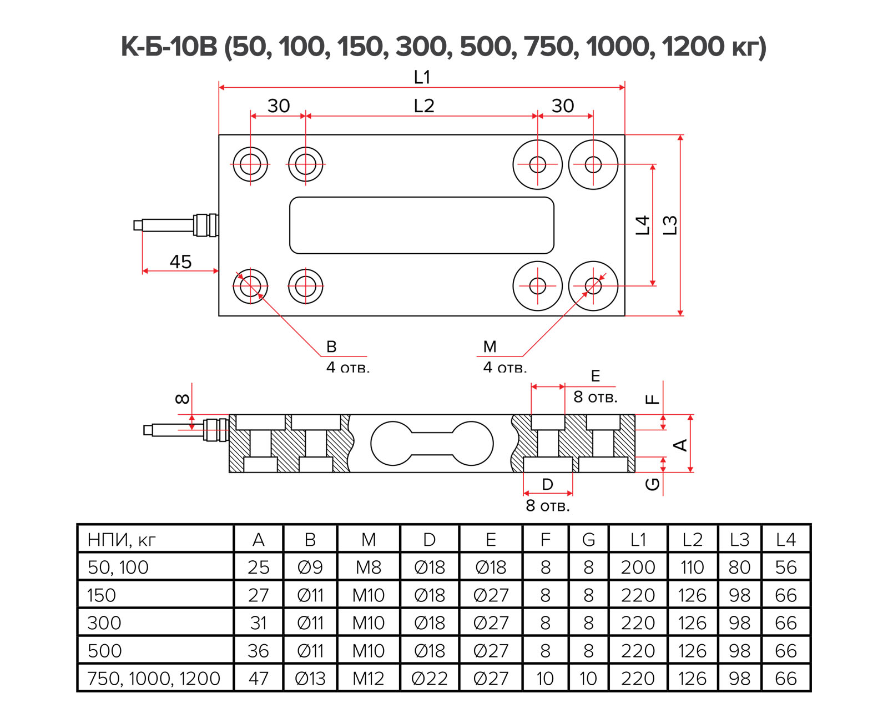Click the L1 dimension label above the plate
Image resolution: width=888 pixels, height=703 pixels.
[422, 77]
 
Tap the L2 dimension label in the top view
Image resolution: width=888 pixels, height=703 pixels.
[423, 106]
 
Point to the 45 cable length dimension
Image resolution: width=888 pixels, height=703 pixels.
[180, 262]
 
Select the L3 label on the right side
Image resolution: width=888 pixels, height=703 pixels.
[670, 225]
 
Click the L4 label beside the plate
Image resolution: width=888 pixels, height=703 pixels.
[642, 225]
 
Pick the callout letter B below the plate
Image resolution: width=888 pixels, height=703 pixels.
[331, 347]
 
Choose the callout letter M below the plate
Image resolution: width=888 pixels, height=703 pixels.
[490, 347]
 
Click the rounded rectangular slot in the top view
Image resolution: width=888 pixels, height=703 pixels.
[422, 225]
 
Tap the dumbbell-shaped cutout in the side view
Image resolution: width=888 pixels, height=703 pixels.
[432, 443]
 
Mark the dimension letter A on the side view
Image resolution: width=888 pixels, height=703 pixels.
[680, 445]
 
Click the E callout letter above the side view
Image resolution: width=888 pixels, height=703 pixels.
[596, 376]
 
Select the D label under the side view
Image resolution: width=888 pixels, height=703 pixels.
[547, 484]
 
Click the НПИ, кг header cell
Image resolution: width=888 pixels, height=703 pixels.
[122, 540]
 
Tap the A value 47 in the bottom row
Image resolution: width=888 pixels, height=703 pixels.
[258, 679]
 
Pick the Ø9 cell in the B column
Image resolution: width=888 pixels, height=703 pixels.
[310, 568]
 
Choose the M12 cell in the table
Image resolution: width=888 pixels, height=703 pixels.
[368, 679]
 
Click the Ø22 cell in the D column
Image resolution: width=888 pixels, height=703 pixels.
[429, 679]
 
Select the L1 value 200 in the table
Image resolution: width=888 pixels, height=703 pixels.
[638, 568]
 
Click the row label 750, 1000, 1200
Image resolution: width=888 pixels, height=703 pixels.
[154, 679]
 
